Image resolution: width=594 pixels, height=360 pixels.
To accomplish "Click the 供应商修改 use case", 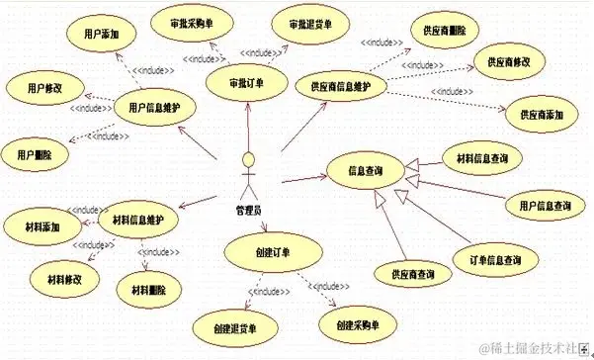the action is tap(509, 61).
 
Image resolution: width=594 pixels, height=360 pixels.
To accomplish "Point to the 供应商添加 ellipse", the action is tap(542, 113).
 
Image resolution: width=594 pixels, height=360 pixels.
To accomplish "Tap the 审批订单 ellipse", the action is tap(245, 82).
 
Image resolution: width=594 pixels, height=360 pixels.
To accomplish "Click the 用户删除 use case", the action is tap(36, 154).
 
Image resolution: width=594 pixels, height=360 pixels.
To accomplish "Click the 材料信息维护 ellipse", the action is tap(138, 219).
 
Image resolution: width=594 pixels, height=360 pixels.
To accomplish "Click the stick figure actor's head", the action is tap(251, 159).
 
